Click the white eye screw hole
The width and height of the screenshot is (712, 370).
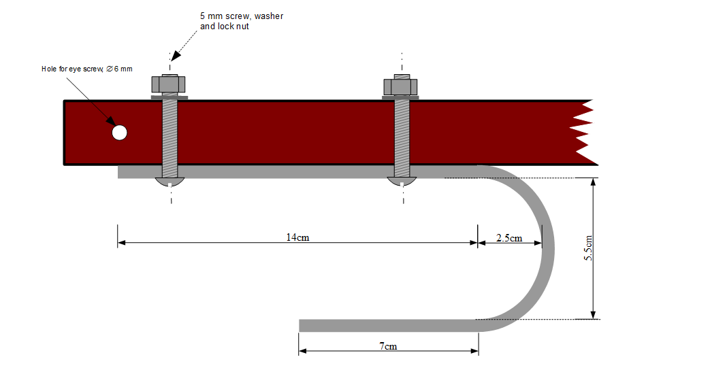pos(120,133)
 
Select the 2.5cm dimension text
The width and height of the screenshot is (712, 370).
pos(509,238)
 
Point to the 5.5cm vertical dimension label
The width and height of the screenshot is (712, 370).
pos(589,249)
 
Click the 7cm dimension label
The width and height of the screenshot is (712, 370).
pos(388,346)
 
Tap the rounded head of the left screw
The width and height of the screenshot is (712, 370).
pos(169,182)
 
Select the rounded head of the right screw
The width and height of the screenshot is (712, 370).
pos(401,182)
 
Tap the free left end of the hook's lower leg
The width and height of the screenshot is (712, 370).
pos(303,326)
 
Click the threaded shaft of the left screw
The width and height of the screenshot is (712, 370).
pos(169,136)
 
